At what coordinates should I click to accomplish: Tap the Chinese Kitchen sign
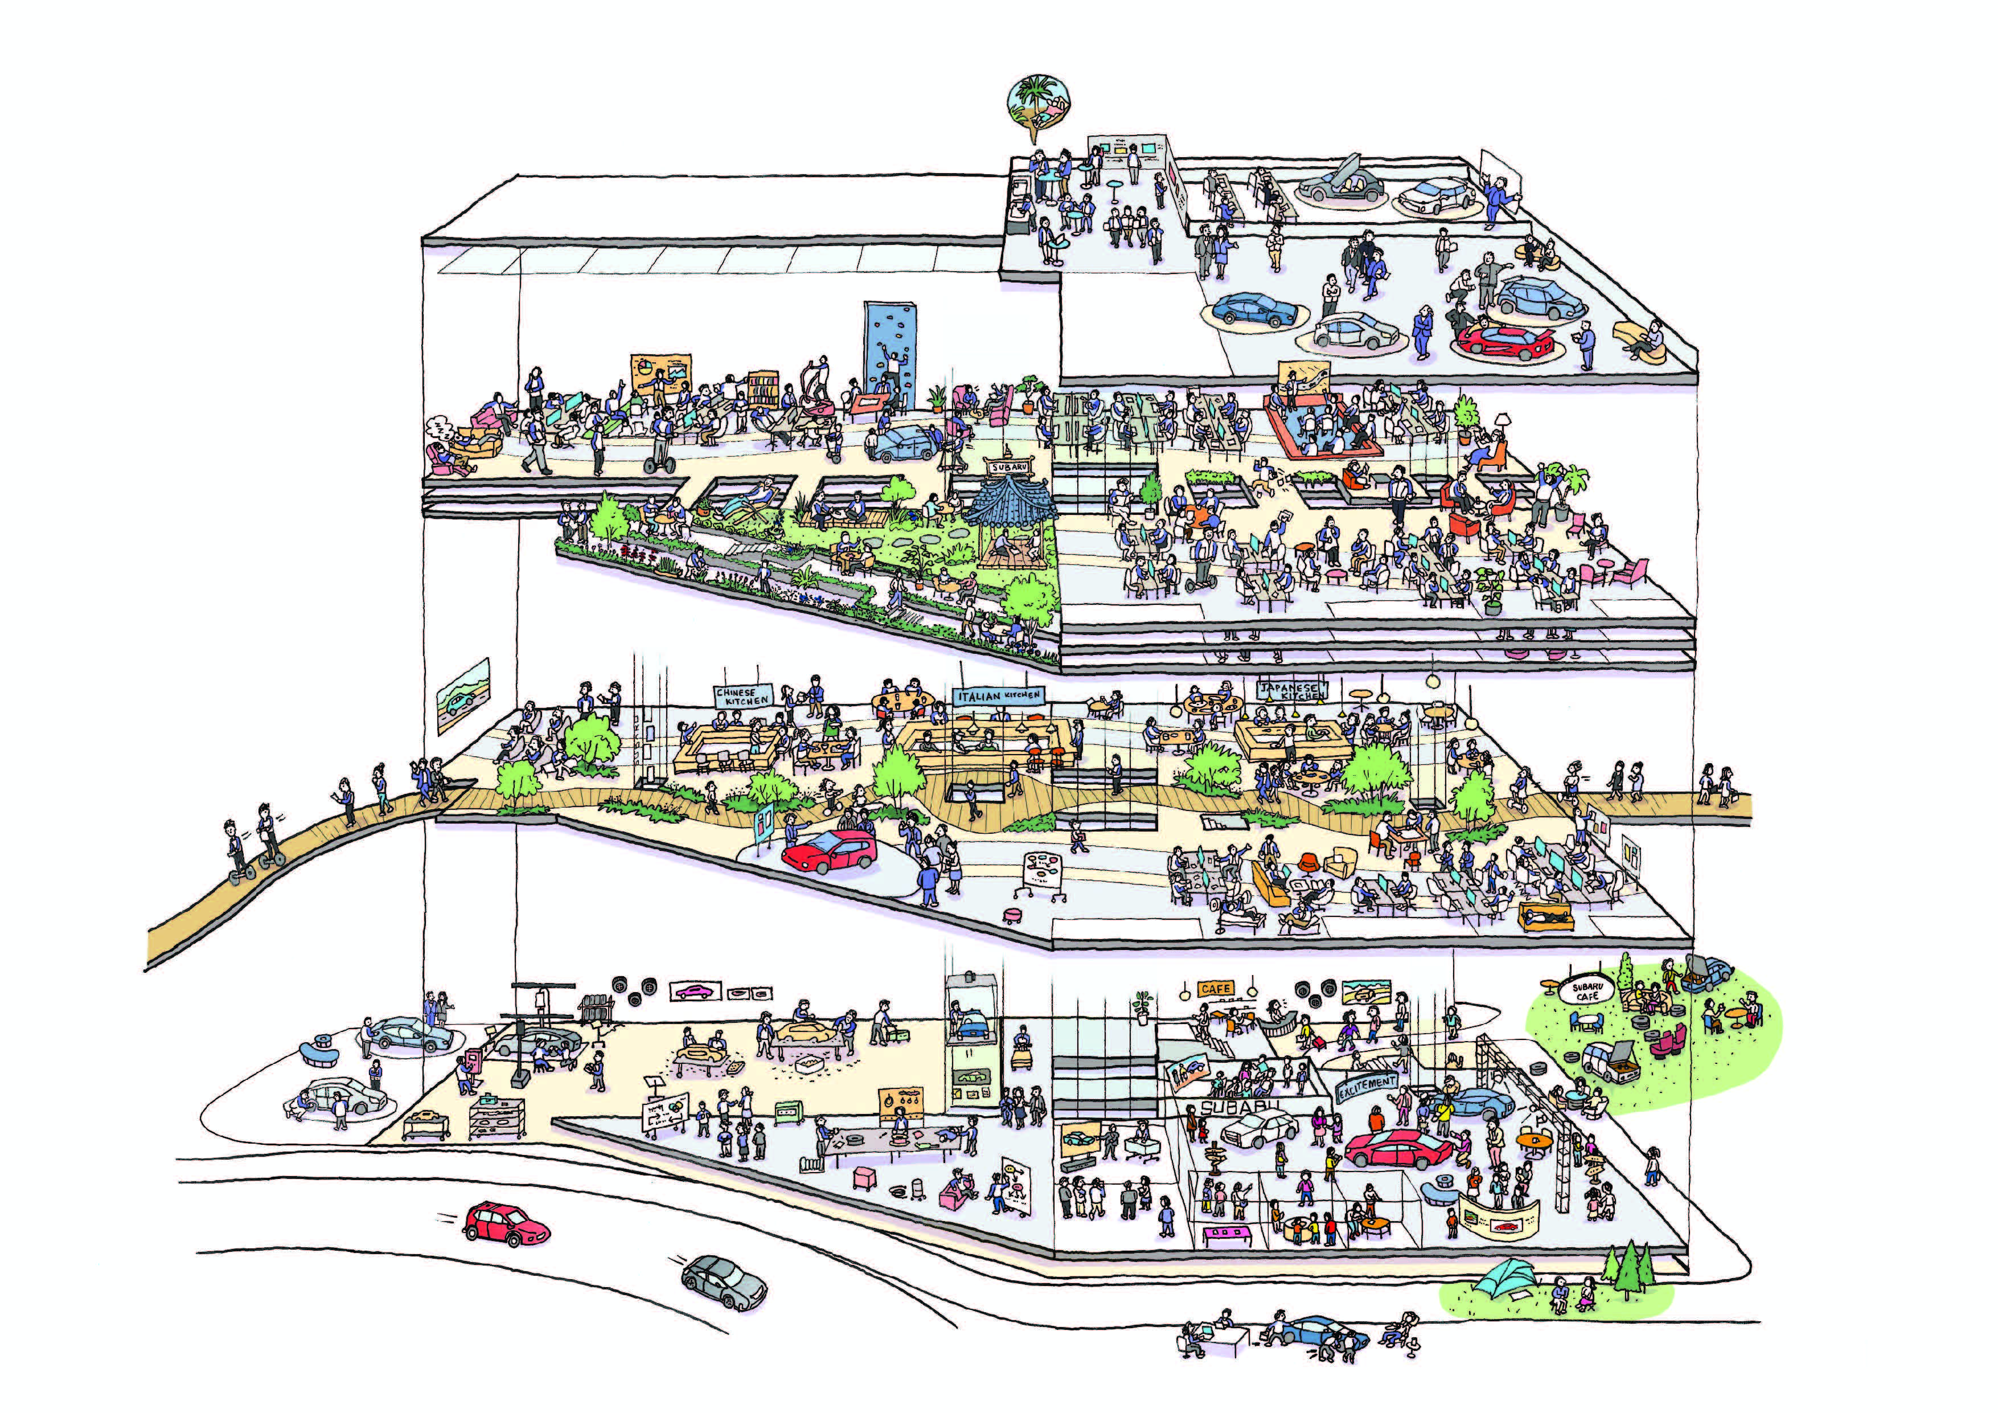coord(742,697)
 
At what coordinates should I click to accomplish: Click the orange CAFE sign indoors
coord(1215,989)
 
